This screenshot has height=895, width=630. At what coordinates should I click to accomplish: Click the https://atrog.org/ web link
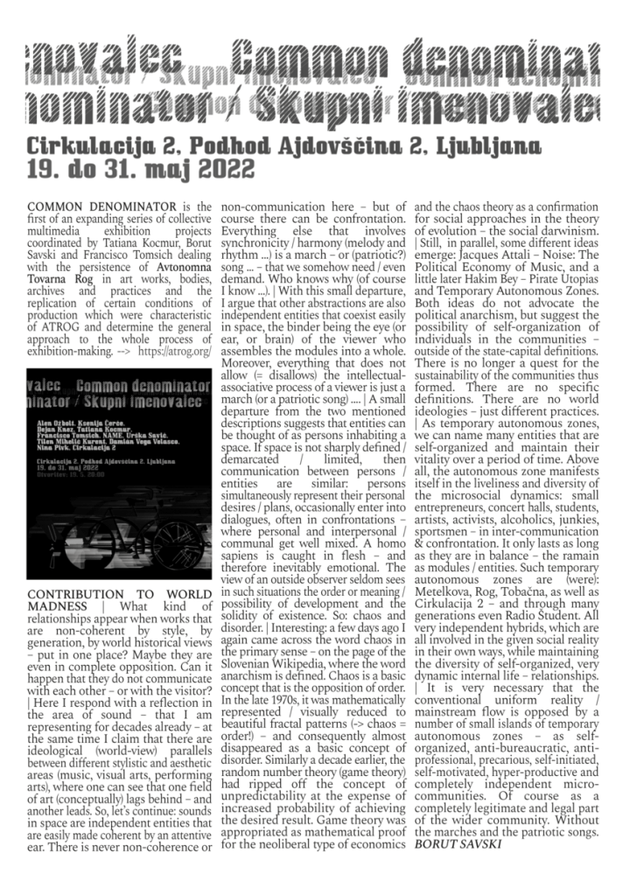pos(177,350)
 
